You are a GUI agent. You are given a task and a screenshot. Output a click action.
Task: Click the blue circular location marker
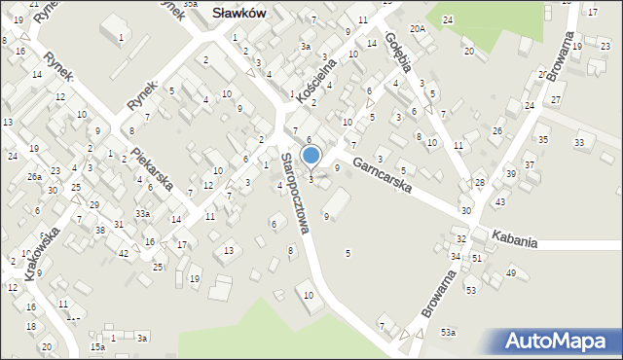click(x=311, y=154)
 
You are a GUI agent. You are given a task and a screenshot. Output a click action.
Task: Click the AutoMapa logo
click(x=559, y=342)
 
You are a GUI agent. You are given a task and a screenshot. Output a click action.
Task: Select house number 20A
click(x=418, y=29)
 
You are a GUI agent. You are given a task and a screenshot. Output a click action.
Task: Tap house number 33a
click(x=142, y=213)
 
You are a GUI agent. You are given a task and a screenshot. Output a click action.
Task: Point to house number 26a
click(x=34, y=176)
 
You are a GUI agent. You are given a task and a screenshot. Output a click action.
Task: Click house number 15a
click(x=97, y=346)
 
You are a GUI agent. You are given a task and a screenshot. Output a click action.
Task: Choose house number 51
click(x=477, y=258)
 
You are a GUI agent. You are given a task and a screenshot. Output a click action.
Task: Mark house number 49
click(x=511, y=272)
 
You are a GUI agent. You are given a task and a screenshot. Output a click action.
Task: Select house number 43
click(x=499, y=201)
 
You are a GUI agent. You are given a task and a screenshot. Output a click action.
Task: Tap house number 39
click(x=510, y=173)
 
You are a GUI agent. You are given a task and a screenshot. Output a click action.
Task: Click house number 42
click(x=124, y=253)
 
